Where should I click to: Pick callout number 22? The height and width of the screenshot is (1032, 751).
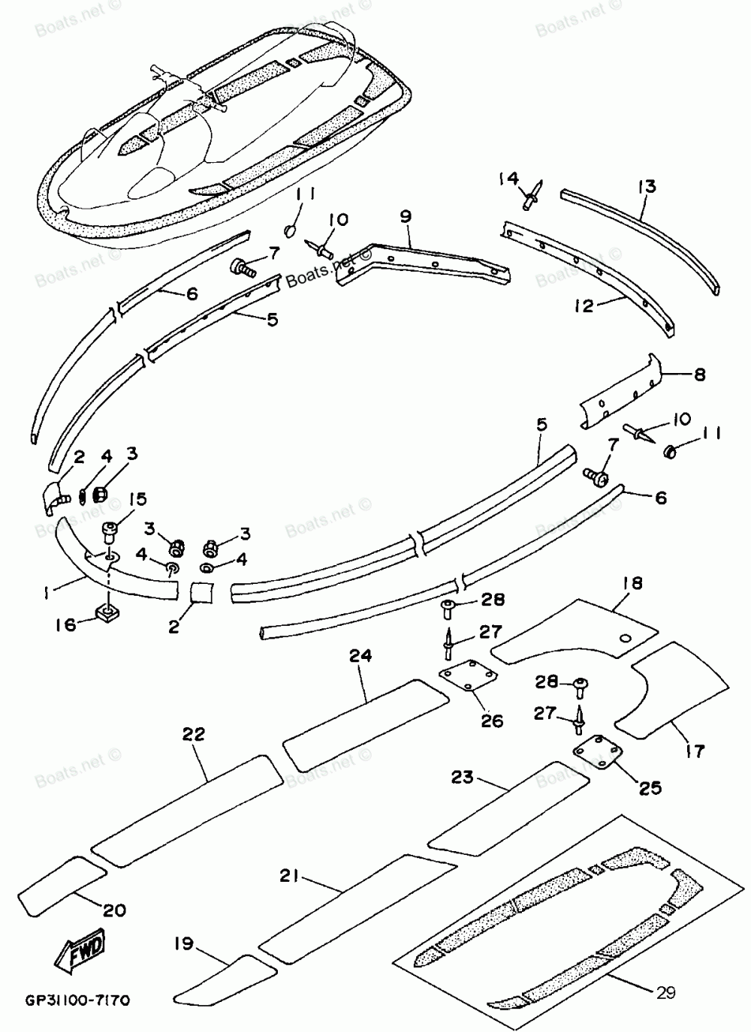193,733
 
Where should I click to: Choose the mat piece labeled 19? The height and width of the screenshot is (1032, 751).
226,980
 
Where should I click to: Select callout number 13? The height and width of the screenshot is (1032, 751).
647,187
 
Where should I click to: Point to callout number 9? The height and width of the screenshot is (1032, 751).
406,217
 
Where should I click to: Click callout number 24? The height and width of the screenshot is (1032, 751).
360,654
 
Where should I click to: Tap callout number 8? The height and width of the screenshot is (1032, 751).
699,375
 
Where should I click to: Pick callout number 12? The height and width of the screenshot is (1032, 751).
584,305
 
